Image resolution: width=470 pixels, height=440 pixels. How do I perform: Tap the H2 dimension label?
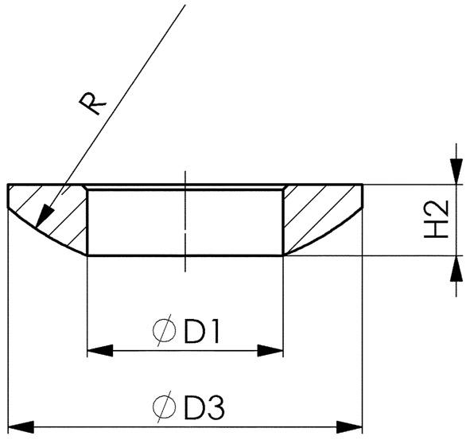437,220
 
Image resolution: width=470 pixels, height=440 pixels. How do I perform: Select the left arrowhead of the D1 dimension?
97,350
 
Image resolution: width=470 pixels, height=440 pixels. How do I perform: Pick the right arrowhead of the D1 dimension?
273,350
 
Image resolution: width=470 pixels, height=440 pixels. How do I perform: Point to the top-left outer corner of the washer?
8,185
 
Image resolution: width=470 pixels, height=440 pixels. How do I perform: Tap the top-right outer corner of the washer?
363,185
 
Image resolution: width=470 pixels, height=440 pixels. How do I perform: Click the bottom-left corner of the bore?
86,255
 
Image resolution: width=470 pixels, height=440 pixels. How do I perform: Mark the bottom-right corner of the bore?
283,255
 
